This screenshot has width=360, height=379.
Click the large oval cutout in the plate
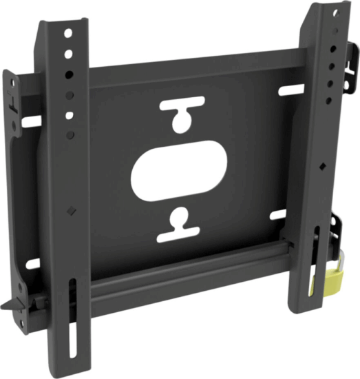point(178,170)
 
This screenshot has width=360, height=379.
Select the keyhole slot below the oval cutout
point(178,225)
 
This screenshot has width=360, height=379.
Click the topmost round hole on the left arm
point(67,32)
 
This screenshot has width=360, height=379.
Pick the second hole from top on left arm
point(68,53)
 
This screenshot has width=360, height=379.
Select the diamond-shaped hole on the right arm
point(321,166)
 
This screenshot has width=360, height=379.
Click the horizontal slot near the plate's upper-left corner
point(32,121)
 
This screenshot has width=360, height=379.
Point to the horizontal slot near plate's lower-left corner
point(32,263)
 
